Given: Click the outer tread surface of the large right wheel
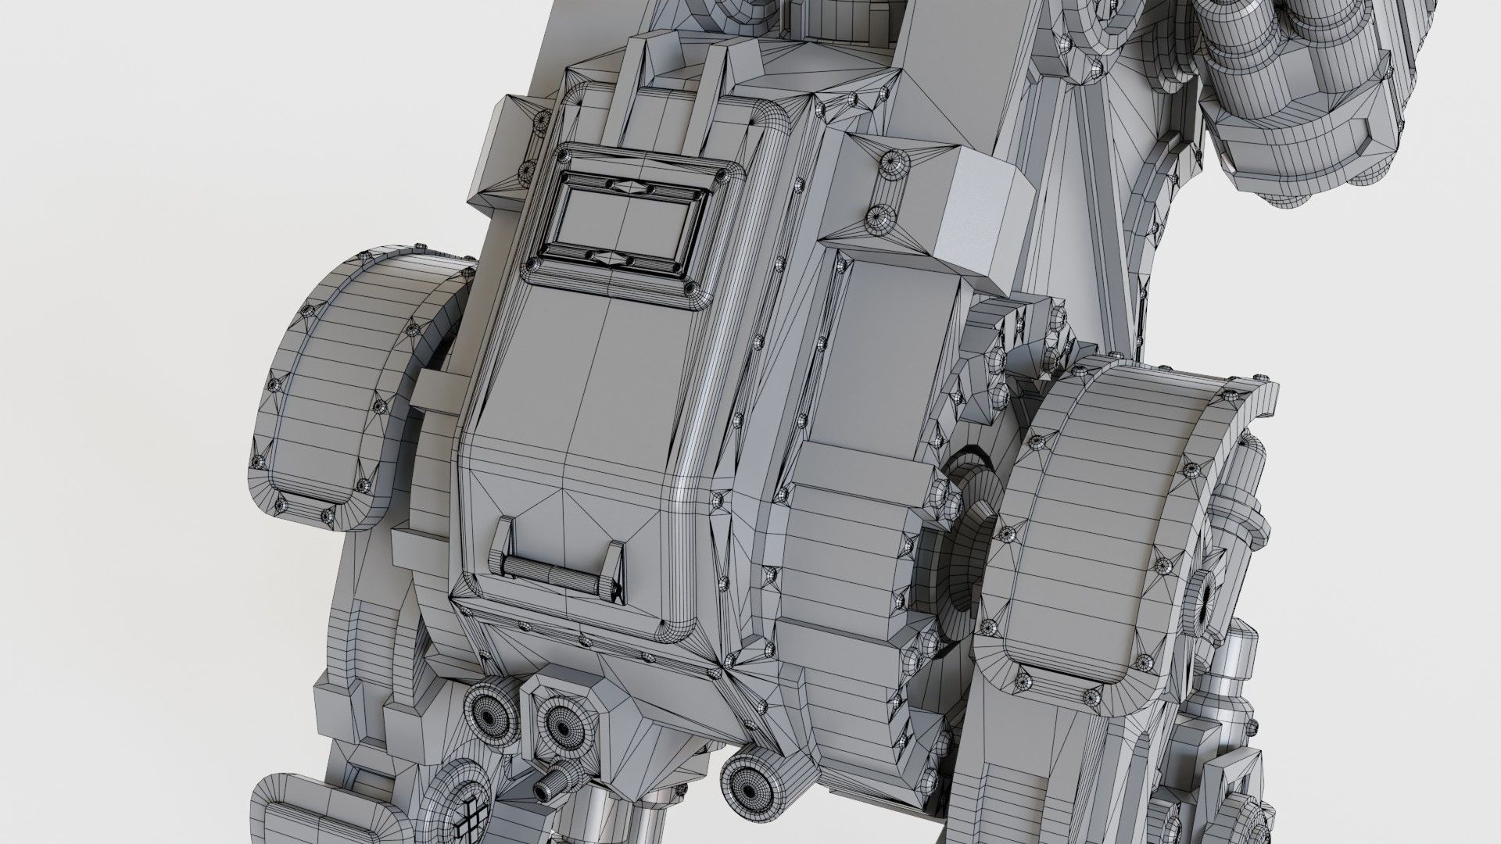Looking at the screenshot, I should (1094, 508).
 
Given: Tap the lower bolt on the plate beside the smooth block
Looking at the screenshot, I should (880, 219).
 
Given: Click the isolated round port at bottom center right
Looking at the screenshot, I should (749, 782).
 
